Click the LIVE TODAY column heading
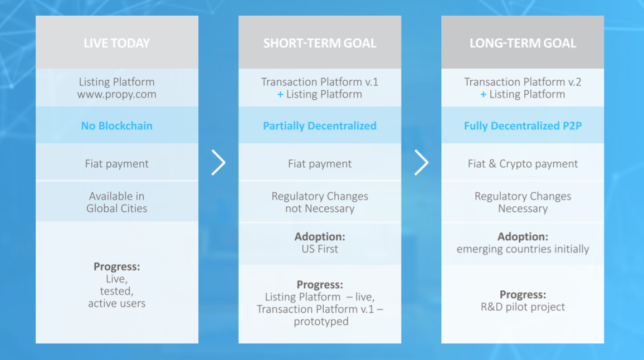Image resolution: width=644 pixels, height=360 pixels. (116, 43)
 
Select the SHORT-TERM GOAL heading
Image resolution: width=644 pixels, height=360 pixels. (320, 43)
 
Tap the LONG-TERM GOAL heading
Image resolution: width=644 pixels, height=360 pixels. (523, 43)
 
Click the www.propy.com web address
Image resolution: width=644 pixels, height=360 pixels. (116, 95)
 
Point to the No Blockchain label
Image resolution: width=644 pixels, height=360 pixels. (116, 126)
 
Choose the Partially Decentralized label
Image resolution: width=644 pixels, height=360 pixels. (320, 126)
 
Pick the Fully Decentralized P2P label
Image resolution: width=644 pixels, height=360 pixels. (523, 126)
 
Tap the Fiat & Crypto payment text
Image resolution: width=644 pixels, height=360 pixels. (523, 164)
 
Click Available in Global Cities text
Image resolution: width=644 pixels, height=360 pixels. (116, 202)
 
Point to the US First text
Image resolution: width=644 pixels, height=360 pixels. (320, 249)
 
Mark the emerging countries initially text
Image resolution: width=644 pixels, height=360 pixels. (523, 249)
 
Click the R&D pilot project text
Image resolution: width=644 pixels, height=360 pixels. (523, 307)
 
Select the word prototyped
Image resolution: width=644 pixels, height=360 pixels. (321, 322)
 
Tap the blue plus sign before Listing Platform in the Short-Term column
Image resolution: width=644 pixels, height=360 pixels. (280, 95)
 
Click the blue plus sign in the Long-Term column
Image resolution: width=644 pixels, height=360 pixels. (484, 95)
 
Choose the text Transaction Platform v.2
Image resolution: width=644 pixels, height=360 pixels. (523, 82)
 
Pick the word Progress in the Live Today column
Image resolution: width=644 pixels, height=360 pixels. (116, 267)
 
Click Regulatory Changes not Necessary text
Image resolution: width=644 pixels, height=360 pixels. (320, 202)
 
